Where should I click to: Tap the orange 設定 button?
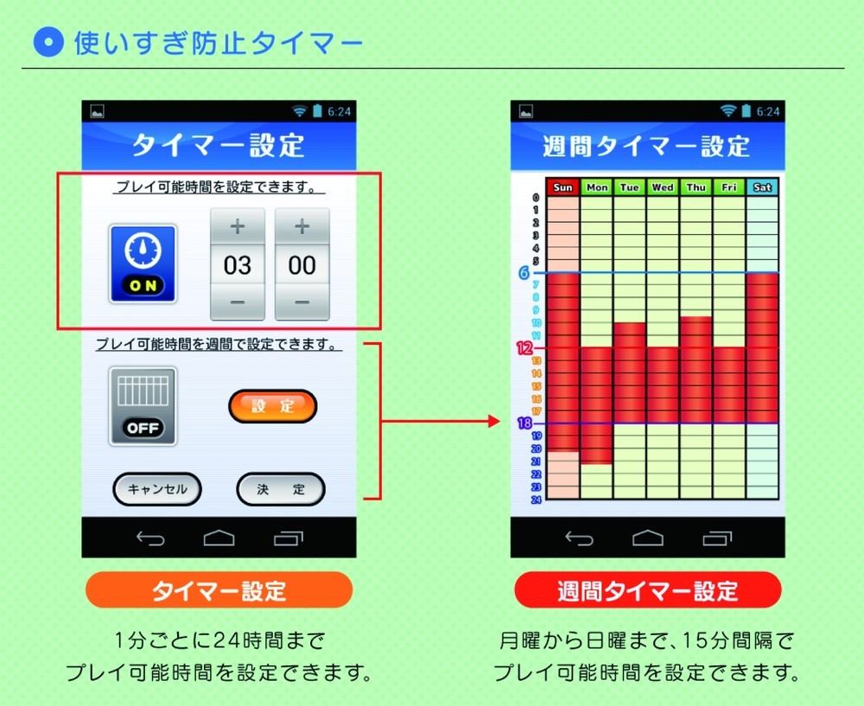[273, 406]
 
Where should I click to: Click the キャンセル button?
[157, 489]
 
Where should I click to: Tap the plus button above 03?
[238, 226]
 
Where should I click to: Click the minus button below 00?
[302, 302]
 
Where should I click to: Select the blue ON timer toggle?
[143, 264]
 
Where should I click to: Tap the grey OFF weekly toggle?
[143, 406]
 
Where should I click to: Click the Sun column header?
[562, 188]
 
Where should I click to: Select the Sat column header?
[762, 188]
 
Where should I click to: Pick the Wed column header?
[663, 188]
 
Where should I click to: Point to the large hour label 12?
[524, 348]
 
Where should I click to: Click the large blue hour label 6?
[524, 273]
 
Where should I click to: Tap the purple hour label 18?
[524, 423]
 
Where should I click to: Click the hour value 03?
[238, 265]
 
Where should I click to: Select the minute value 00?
[302, 265]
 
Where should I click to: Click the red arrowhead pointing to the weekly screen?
[494, 422]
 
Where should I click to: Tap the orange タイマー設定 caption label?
[219, 590]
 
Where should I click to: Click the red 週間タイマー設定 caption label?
[648, 590]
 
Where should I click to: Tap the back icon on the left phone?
[150, 537]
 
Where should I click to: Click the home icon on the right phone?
[648, 537]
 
